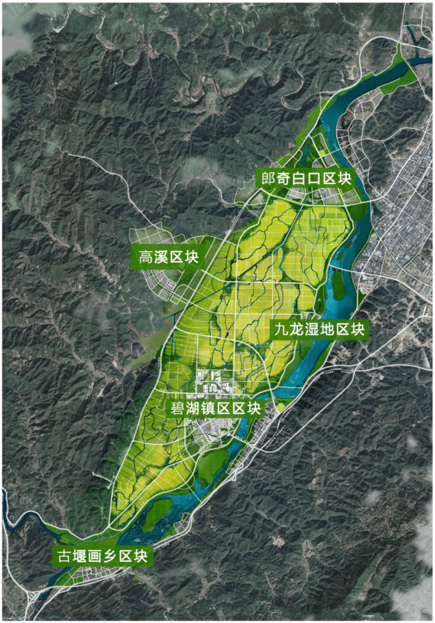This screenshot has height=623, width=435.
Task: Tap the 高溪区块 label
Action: [168, 257]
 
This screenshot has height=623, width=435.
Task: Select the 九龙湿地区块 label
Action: [319, 329]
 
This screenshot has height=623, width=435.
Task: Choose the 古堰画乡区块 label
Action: [102, 556]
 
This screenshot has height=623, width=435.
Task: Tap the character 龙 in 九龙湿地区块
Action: [294, 329]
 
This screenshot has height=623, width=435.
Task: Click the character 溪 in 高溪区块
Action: [161, 257]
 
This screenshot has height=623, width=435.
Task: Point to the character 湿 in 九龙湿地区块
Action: [309, 329]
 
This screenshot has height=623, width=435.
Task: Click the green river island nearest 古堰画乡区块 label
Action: [158, 512]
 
